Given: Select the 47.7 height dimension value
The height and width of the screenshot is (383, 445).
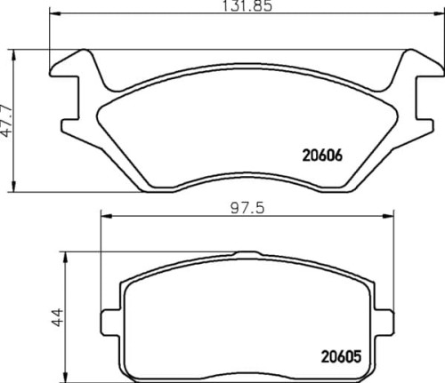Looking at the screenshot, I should point(8,119).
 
